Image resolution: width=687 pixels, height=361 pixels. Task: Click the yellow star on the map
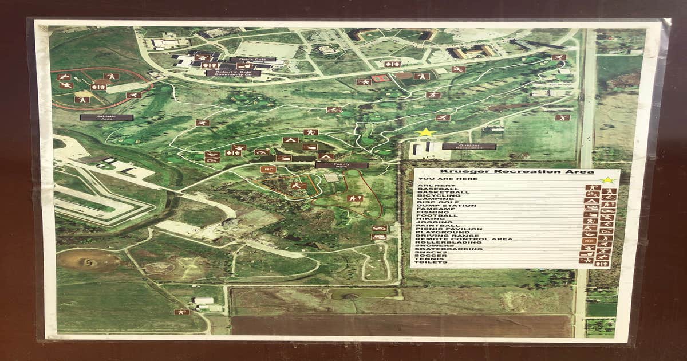pos(425,133)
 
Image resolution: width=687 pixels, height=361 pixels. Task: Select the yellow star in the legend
pos(607,179)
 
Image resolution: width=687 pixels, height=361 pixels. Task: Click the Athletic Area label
pos(106,117)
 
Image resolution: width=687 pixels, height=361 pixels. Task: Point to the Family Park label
pos(341,165)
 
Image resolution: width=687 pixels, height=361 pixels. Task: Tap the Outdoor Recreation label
pos(468,147)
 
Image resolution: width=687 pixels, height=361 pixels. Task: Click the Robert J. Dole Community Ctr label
pos(233,73)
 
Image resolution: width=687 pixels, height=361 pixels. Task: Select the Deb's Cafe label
pos(252,60)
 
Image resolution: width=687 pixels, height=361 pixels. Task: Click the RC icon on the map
pos(267,170)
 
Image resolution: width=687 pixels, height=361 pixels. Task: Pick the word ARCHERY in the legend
pos(437,186)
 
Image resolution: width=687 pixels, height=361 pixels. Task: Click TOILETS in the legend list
pos(432,262)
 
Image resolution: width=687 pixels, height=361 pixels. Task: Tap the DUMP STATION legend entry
pos(447,206)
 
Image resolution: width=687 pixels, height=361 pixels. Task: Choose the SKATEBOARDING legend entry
pos(444,249)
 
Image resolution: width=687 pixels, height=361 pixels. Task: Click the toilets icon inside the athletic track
pos(98,87)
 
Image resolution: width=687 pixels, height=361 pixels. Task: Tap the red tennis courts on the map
pos(380,78)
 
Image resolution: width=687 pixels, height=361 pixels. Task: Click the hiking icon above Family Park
pos(310,132)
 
